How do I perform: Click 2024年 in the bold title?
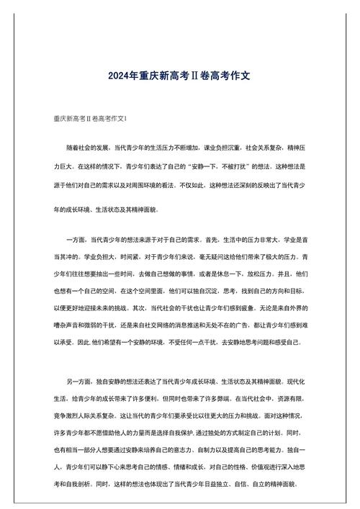[x=122, y=74]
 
